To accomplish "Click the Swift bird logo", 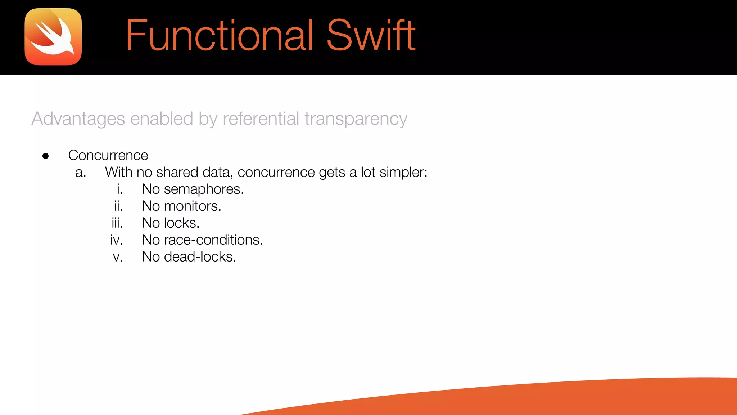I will [x=53, y=37].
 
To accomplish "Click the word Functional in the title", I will [x=219, y=35].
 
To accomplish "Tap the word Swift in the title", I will [x=371, y=35].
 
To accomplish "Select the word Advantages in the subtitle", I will [x=78, y=119].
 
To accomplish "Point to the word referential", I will [x=261, y=119].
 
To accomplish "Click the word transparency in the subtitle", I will [x=356, y=119].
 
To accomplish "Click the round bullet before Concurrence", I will [x=46, y=156].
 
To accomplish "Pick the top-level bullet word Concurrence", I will [x=108, y=155].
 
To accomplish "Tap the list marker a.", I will [x=81, y=173].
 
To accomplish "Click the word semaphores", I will [x=204, y=189].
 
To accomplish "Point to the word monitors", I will [x=193, y=206].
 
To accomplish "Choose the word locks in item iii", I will [x=181, y=223].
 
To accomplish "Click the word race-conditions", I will [x=213, y=240].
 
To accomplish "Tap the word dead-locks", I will [x=200, y=257].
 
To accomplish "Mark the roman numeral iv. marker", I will [x=117, y=240].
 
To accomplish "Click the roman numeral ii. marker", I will [x=118, y=206].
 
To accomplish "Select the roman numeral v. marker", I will [x=118, y=257].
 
